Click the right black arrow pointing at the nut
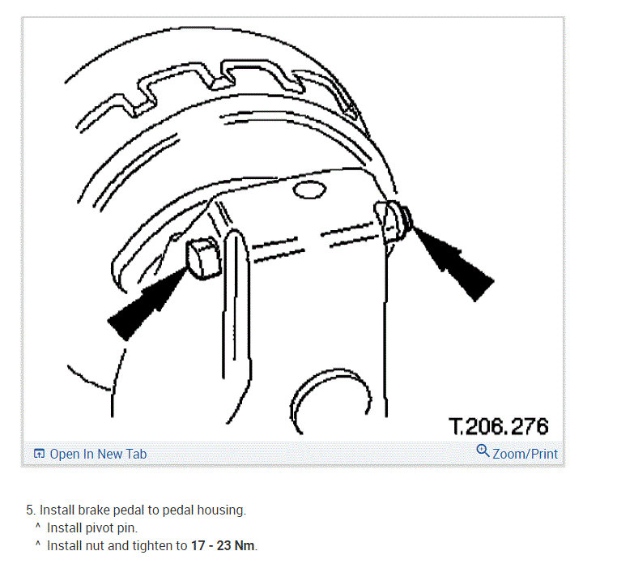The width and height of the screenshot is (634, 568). click(x=453, y=262)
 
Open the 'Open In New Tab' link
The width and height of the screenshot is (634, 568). click(x=98, y=454)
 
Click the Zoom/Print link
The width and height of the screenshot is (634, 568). click(x=525, y=454)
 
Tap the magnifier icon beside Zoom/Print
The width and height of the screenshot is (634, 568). click(x=483, y=451)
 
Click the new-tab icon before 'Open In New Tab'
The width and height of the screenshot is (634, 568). click(x=39, y=454)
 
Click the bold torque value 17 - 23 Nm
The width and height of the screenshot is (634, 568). click(x=223, y=545)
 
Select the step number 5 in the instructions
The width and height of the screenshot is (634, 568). click(x=30, y=510)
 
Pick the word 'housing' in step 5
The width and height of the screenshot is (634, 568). click(x=222, y=510)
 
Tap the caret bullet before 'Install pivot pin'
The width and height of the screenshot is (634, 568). click(x=37, y=527)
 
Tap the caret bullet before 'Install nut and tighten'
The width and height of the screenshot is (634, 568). click(x=37, y=545)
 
